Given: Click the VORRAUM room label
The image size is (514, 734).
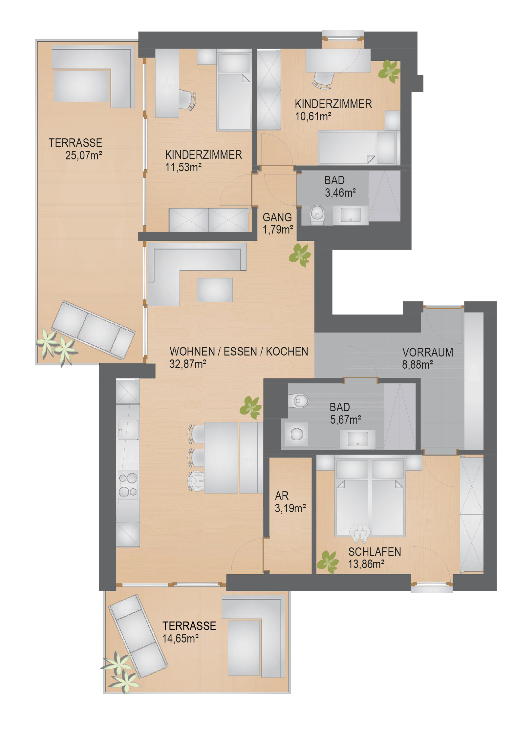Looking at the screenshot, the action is pos(427,352).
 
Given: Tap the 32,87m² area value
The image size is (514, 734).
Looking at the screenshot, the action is pos(187,364).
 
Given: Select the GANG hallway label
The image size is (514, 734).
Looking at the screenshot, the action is pos(277,217).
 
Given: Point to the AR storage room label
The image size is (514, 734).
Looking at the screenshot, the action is pos(282,496).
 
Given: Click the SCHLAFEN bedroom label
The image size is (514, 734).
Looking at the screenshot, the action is pos(375,552).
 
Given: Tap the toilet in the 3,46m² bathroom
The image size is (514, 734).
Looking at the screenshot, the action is pos(317,215).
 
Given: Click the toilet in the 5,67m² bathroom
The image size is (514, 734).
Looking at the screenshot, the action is pos(299,400).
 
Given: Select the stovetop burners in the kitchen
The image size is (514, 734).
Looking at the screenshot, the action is pos(128,485).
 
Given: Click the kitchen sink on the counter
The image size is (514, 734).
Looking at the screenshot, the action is pos(128,430).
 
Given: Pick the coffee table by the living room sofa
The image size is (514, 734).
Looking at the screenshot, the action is pos(215,290).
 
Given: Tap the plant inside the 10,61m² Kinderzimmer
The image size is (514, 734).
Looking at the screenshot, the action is pos(389,71).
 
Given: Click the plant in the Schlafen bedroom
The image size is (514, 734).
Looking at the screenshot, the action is pos(328,562).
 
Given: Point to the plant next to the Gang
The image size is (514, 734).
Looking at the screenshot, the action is pos(300,255).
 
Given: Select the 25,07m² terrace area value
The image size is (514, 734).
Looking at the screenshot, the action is pos(83,155).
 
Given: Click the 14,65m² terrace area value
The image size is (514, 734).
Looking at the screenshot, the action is pos(180,638).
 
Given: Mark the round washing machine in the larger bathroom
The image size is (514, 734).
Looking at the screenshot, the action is pos(297,434).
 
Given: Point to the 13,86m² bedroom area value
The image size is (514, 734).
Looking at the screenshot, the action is pos(366,564).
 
